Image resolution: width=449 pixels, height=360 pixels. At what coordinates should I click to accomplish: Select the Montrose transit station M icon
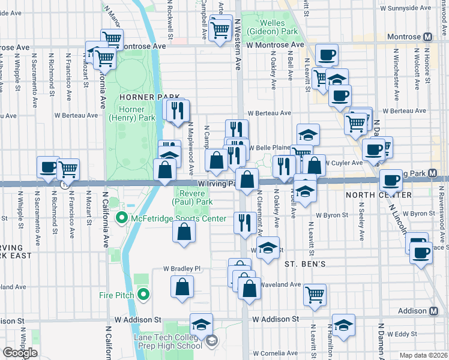[x=427, y=37]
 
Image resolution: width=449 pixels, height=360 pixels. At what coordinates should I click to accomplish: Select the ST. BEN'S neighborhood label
[x=305, y=264]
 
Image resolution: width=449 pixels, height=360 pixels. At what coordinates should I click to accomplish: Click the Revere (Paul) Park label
[x=194, y=198]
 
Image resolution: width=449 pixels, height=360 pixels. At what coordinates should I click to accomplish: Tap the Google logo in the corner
[x=20, y=353]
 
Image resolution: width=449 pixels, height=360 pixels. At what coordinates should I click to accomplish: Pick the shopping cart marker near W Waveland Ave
[x=315, y=294]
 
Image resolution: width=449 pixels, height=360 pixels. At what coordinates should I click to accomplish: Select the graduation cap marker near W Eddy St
[x=343, y=325]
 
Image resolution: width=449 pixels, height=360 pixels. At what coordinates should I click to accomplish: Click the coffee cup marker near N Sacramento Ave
[x=47, y=167]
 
